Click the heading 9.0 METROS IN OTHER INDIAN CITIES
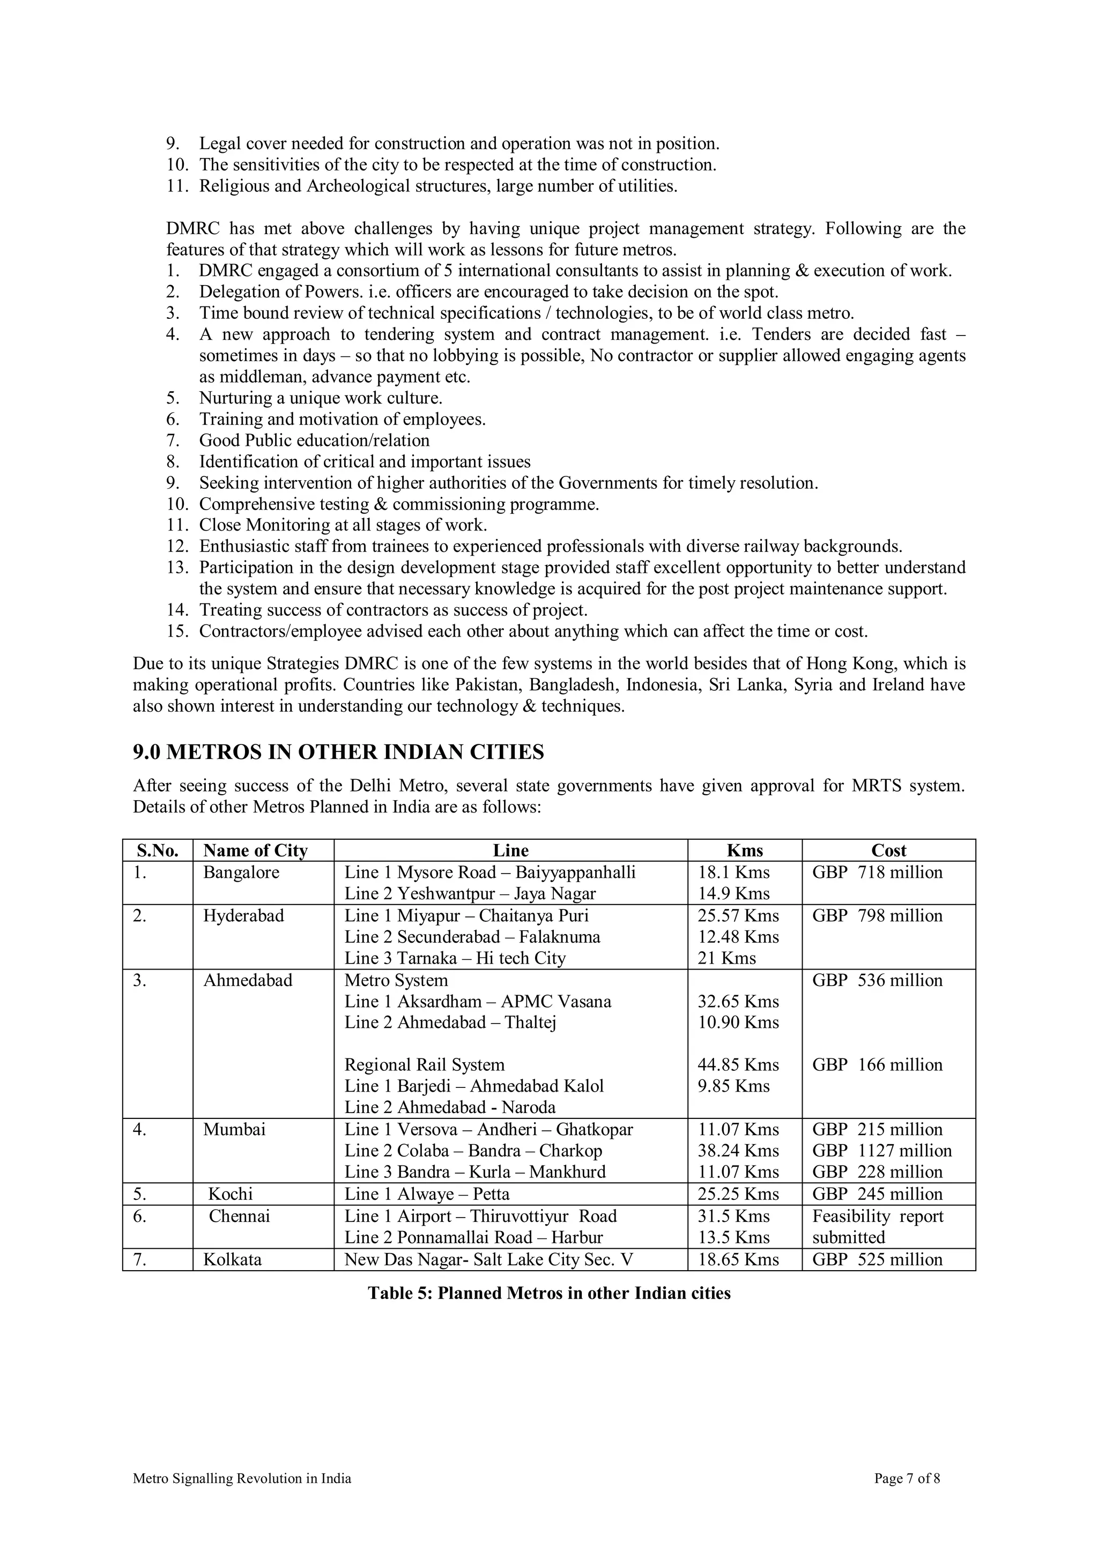[x=338, y=752]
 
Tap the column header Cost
[x=888, y=850]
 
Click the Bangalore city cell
[x=241, y=872]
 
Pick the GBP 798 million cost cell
[x=877, y=916]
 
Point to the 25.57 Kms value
[x=738, y=916]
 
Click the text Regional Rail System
[x=425, y=1065]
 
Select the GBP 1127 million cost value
[x=881, y=1151]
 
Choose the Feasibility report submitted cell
[x=877, y=1227]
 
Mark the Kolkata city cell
[x=232, y=1260]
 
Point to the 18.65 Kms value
[x=738, y=1260]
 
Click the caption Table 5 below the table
[x=549, y=1293]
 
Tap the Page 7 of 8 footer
[x=907, y=1479]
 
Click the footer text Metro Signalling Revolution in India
[x=242, y=1479]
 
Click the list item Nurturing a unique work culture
[x=321, y=398]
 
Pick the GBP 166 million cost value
[x=877, y=1065]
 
